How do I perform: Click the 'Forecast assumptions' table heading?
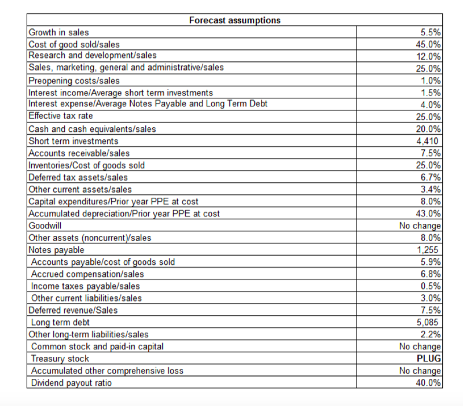[234, 20]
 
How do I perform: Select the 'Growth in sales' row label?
[58, 32]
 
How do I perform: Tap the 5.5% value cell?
[431, 32]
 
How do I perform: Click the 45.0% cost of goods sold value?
[429, 45]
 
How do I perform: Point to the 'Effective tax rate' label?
[61, 117]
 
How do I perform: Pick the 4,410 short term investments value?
[429, 141]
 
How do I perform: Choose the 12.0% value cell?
[429, 57]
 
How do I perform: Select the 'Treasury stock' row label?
[60, 359]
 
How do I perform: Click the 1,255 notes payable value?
[429, 250]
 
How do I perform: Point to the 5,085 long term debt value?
[429, 322]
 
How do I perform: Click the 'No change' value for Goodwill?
[421, 226]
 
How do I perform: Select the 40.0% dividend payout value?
[429, 383]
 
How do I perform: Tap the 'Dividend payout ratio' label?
[71, 383]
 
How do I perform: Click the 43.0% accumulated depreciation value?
[429, 213]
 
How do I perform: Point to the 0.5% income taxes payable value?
[431, 286]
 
